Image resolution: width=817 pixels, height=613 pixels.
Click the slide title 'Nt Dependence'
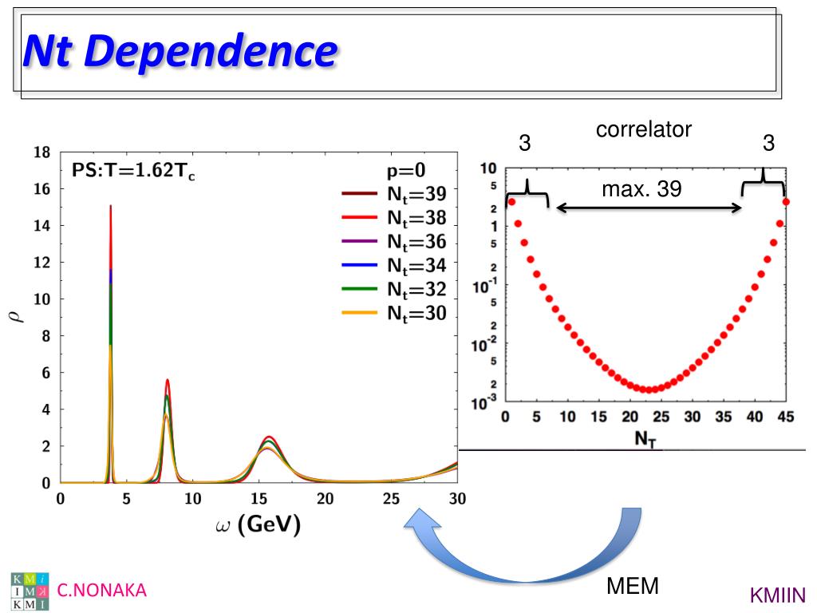[180, 50]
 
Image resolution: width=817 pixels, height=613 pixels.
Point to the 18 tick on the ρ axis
[42, 152]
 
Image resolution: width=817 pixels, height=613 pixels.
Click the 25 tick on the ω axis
[391, 499]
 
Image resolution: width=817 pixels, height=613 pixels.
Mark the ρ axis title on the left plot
[18, 316]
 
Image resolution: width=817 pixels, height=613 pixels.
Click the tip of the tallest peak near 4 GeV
[110, 207]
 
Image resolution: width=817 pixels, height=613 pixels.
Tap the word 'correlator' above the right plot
[644, 129]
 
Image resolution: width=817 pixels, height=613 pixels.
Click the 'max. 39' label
[636, 190]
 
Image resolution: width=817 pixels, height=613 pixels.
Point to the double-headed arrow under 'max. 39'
[649, 208]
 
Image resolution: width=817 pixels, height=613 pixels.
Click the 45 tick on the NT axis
[785, 417]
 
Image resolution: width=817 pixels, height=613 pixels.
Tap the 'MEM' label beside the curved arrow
[633, 587]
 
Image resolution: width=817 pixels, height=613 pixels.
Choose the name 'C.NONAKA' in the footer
[102, 590]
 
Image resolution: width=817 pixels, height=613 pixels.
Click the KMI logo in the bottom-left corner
[30, 591]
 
